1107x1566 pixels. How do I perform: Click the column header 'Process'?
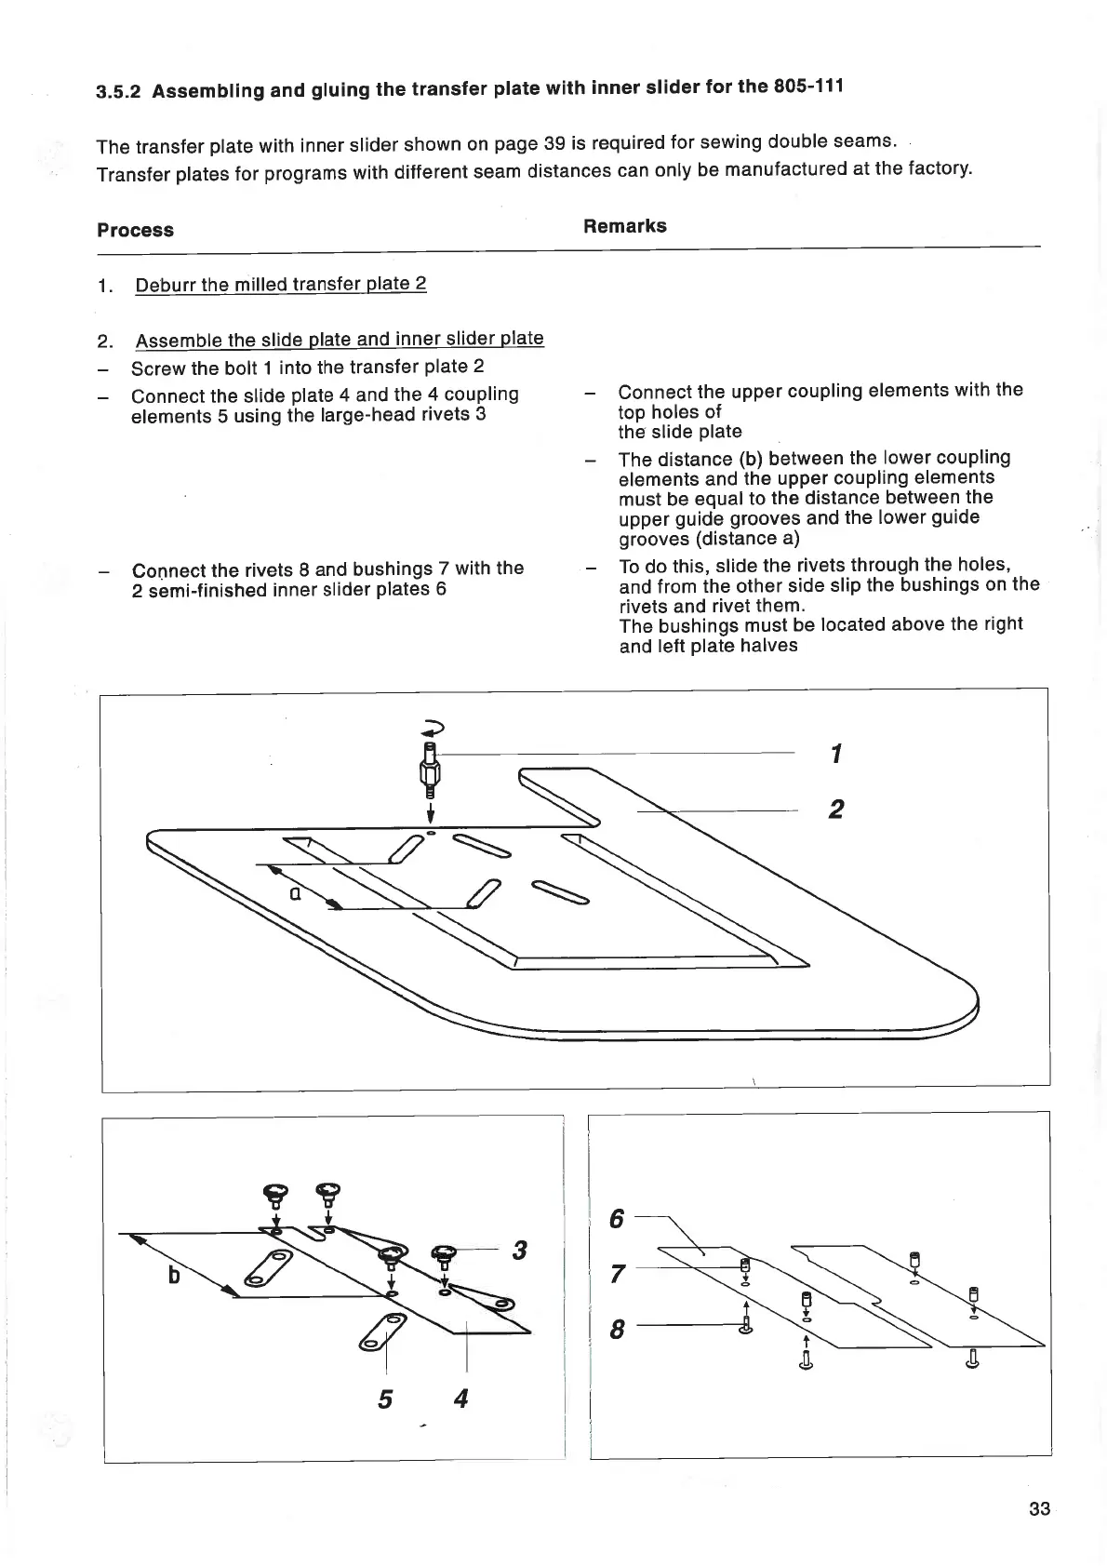(x=135, y=230)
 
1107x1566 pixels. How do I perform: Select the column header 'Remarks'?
(x=624, y=226)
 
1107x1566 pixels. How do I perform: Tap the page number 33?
(x=1039, y=1508)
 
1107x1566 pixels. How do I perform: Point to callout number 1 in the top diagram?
(x=836, y=753)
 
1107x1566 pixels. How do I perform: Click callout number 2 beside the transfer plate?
(x=835, y=810)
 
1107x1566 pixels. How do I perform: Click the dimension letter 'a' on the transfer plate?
(x=294, y=893)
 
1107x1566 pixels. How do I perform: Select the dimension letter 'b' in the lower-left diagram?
(x=174, y=1275)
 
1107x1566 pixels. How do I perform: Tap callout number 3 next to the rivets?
(x=519, y=1251)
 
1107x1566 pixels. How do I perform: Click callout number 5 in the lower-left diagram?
(x=385, y=1399)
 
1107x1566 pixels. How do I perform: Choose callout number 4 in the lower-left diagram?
(x=460, y=1398)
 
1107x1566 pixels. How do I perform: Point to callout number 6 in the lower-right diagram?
(x=616, y=1218)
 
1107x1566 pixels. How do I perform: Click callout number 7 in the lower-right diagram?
(x=616, y=1274)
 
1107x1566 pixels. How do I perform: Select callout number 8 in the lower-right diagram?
(x=616, y=1331)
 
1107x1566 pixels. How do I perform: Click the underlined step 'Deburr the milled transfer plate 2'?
(x=280, y=284)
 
